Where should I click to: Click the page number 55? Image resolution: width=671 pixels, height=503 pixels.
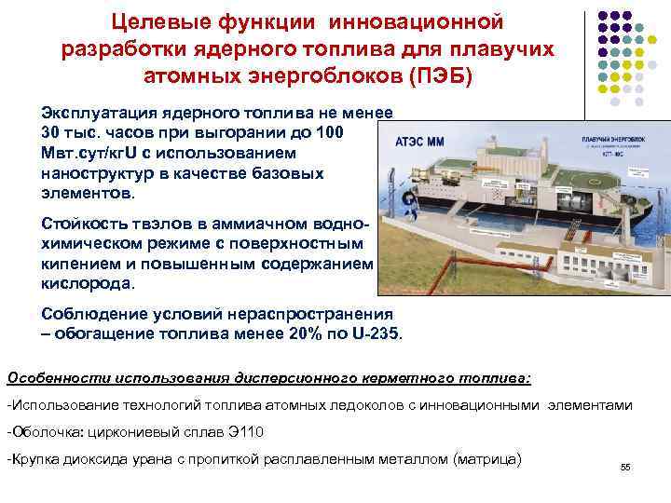(624, 469)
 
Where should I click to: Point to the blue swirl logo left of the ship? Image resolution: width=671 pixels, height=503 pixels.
(408, 199)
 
